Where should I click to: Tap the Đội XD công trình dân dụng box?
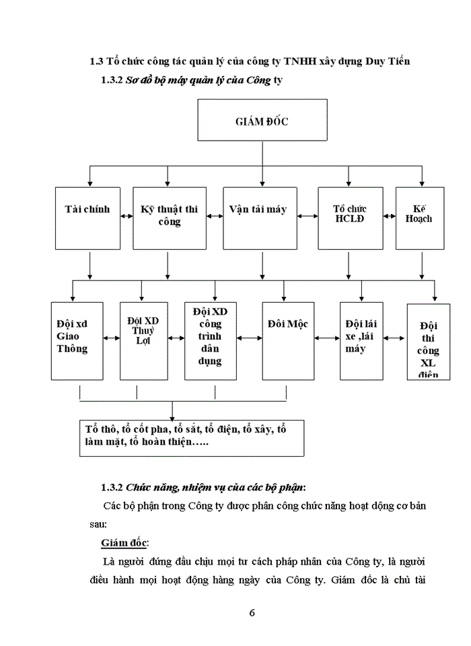click(211, 340)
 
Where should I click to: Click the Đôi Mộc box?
click(287, 340)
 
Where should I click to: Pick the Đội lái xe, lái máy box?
click(362, 340)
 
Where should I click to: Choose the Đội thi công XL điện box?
click(429, 342)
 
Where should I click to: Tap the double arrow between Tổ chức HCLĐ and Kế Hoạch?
click(390, 216)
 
